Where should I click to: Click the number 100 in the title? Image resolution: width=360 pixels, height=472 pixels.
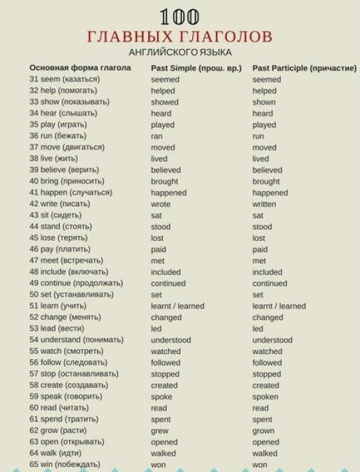(179, 16)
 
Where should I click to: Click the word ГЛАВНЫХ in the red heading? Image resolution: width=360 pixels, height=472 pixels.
(126, 36)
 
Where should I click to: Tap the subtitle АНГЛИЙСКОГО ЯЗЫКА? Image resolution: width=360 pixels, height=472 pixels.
(180, 53)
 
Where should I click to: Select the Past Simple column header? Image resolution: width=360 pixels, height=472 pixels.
(197, 68)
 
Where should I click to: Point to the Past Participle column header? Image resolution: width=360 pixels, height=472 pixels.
(304, 68)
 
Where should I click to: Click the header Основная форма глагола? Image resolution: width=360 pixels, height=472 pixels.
(80, 68)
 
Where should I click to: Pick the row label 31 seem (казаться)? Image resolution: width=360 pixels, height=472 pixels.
(64, 80)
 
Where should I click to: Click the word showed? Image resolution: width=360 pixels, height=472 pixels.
(164, 102)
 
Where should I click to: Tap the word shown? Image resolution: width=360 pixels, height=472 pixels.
(264, 102)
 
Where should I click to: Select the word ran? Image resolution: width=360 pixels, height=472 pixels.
(157, 136)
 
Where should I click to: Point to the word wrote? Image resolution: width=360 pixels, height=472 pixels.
(161, 204)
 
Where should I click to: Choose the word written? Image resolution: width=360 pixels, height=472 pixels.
(265, 204)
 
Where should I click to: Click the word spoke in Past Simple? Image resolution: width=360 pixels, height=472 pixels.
(162, 396)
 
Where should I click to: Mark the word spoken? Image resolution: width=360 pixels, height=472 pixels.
(265, 396)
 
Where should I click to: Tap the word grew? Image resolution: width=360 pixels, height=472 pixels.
(160, 431)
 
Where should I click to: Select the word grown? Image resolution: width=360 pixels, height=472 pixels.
(264, 431)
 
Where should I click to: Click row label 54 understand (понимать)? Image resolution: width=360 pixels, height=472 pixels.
(76, 340)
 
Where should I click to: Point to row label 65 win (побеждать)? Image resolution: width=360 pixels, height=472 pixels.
(64, 465)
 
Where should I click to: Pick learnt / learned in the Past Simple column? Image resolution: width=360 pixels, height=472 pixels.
(177, 307)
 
